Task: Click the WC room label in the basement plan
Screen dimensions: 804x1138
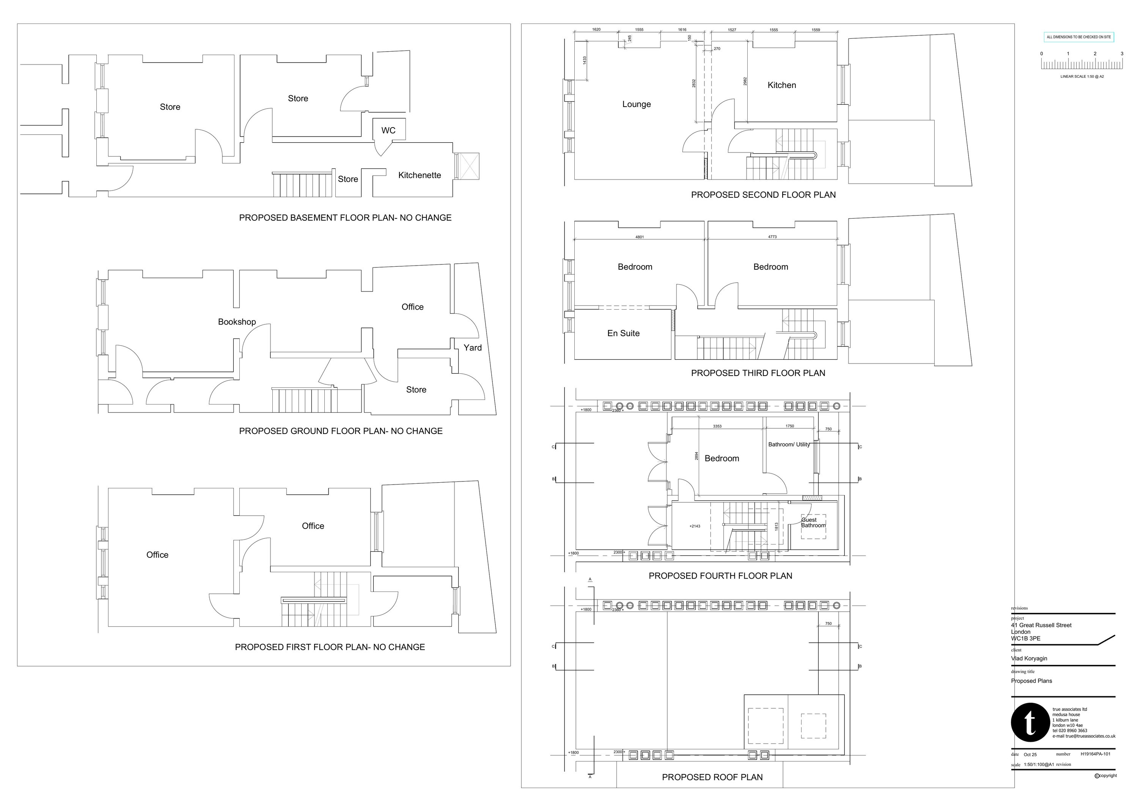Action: tap(388, 131)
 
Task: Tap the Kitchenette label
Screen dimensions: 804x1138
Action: tap(419, 175)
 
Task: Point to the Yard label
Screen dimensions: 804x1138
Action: tap(472, 348)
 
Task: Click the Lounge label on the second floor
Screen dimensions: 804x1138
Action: tap(637, 104)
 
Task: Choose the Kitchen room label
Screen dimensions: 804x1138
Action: tap(782, 85)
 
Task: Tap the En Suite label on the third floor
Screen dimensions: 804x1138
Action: tap(623, 333)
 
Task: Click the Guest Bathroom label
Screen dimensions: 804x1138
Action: tap(813, 522)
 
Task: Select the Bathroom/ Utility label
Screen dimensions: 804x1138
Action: tap(789, 444)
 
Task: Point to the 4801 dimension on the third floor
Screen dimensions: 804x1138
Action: tap(640, 237)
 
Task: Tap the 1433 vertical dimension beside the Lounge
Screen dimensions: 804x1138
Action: tap(585, 60)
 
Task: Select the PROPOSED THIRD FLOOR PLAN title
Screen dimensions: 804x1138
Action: tap(758, 373)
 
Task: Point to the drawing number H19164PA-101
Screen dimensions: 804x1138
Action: tap(1096, 754)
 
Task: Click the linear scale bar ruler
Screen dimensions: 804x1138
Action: tap(1081, 65)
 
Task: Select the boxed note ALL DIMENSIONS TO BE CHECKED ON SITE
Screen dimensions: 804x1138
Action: tap(1078, 37)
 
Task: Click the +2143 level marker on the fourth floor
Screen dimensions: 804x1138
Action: tap(695, 526)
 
